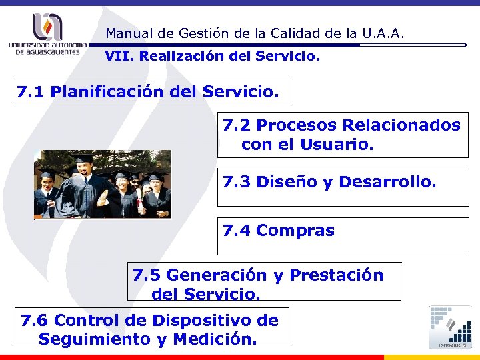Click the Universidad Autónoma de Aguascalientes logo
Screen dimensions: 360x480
[x=47, y=34]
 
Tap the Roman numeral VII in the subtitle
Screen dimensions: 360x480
[x=117, y=57]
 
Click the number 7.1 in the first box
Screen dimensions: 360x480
[x=30, y=91]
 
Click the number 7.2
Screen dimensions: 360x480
[x=237, y=125]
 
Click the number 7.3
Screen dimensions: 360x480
[x=237, y=181]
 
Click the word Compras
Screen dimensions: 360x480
[x=295, y=231]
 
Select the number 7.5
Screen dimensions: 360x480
[x=147, y=275]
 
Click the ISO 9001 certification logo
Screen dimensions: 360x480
[x=451, y=326]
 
